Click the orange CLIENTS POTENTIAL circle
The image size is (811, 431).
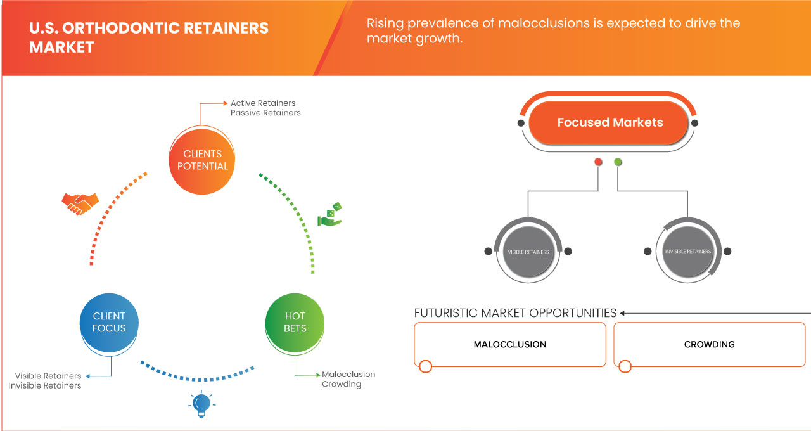203,160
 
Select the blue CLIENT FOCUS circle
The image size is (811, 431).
109,322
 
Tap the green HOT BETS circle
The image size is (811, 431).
295,322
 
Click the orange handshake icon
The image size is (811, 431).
80,203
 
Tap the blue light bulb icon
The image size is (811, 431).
201,404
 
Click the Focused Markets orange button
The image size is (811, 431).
610,122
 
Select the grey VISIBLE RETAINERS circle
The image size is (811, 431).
528,252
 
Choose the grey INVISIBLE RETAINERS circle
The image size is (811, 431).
687,252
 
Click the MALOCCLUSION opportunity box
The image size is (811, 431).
510,344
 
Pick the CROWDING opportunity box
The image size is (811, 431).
709,344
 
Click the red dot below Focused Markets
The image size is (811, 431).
598,162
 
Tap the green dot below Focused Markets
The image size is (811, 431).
618,162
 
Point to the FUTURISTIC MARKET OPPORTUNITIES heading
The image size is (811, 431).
515,313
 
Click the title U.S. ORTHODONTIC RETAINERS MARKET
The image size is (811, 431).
149,37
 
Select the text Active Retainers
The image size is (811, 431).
263,103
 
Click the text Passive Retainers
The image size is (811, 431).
265,113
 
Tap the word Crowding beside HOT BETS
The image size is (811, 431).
342,384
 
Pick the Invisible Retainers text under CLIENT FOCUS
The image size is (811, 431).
45,385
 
